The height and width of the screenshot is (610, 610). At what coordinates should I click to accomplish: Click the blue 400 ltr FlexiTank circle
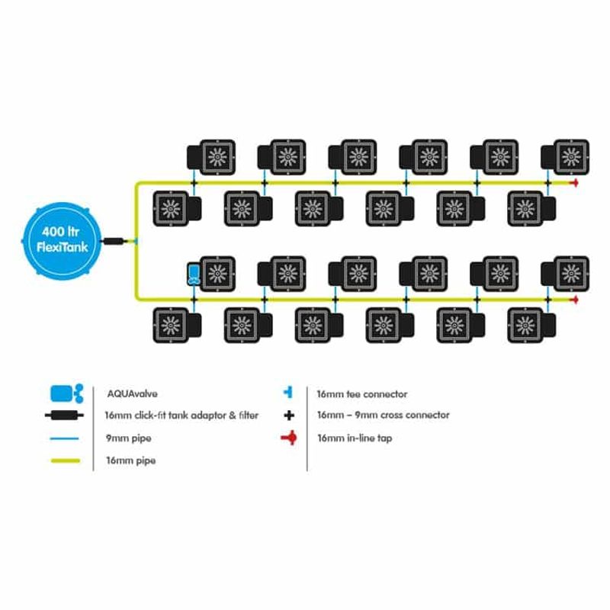point(62,241)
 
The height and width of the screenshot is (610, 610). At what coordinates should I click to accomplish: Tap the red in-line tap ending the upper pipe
point(574,183)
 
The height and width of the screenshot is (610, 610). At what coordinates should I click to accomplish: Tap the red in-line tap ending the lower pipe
point(574,300)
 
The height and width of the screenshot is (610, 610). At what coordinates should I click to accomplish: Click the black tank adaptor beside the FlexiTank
point(114,241)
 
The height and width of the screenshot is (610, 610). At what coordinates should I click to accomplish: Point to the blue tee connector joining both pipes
point(135,242)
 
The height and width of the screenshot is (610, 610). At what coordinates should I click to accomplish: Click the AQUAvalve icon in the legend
point(67,393)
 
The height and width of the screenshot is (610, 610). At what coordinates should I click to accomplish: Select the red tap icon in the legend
point(290,438)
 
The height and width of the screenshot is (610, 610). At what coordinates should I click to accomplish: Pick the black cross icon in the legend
point(289,416)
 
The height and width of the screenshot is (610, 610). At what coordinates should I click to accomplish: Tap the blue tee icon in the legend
point(289,393)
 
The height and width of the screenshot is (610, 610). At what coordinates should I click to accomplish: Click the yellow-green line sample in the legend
point(66,461)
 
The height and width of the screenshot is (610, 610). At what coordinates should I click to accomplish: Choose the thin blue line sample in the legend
point(65,438)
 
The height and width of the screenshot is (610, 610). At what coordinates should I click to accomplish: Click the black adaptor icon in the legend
point(64,415)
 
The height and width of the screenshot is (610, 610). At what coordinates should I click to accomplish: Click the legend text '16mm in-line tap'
point(355,438)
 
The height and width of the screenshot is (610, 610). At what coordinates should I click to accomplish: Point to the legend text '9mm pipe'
point(129,438)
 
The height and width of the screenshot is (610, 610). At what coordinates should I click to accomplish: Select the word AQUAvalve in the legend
point(132,393)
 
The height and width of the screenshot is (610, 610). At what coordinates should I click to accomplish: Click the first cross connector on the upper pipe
point(194,183)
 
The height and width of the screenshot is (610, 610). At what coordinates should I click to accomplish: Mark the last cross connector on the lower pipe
point(547,300)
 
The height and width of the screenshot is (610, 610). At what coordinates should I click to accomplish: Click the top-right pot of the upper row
point(565,157)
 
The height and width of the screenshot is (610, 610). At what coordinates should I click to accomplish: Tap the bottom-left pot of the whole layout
point(177,326)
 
